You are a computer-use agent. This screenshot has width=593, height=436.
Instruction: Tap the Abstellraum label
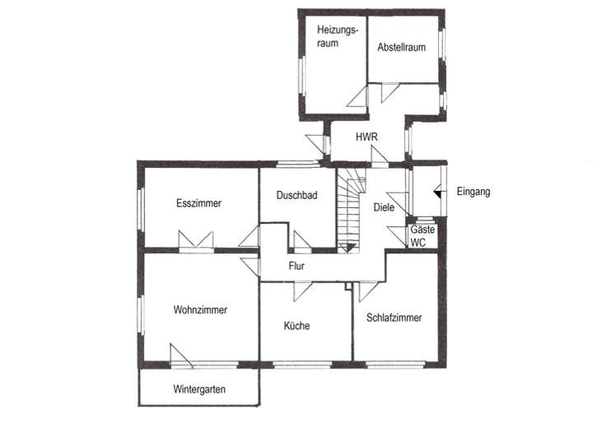click(401, 48)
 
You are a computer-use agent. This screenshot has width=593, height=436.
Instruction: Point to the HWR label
click(366, 137)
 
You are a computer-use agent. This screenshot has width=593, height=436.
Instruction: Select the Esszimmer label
click(198, 203)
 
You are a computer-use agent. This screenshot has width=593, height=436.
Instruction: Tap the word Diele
click(384, 208)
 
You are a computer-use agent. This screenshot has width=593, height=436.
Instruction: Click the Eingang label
click(473, 192)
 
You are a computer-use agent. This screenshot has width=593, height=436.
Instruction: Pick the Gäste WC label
click(423, 237)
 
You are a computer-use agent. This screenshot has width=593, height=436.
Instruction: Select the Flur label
click(297, 266)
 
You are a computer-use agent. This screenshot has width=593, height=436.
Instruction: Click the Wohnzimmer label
click(200, 310)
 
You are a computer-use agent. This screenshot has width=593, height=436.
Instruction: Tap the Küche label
click(296, 326)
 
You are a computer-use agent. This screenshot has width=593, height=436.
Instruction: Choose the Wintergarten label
click(199, 389)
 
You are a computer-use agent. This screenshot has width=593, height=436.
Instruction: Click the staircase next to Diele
click(350, 210)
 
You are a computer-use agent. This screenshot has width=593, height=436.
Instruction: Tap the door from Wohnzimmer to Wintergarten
click(181, 356)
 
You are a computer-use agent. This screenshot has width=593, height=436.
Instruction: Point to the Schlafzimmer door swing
click(367, 287)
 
